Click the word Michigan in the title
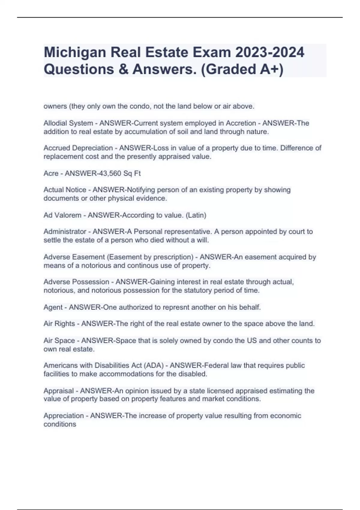[x=74, y=52]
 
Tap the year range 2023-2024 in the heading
[x=270, y=52]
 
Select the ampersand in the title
[x=123, y=69]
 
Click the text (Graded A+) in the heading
[x=242, y=69]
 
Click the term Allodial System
[x=68, y=123]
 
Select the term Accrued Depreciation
[x=78, y=148]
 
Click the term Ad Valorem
[x=62, y=215]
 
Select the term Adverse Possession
[x=76, y=282]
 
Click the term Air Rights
[x=59, y=324]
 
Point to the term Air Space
[x=59, y=340]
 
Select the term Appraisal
[x=58, y=391]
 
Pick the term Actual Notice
[x=65, y=190]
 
